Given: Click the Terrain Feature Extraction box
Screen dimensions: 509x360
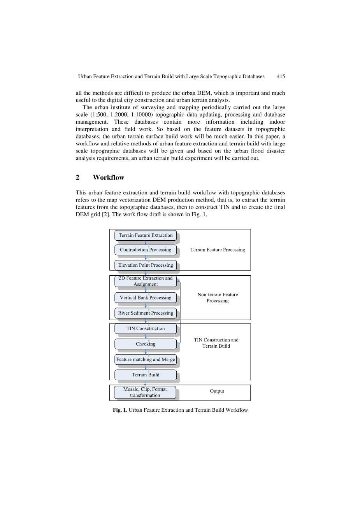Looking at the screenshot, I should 146,235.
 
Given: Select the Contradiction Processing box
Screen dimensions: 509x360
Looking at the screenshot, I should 146,250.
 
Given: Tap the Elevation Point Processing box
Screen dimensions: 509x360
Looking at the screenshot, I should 146,265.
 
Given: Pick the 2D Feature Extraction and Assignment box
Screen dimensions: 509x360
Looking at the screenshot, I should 146,281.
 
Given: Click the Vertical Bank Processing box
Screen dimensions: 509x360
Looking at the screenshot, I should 146,297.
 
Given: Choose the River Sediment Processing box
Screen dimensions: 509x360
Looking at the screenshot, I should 146,313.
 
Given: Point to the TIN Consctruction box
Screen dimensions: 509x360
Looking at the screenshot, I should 146,329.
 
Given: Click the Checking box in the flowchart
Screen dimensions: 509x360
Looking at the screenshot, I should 146,344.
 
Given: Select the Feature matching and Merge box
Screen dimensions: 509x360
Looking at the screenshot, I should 146,359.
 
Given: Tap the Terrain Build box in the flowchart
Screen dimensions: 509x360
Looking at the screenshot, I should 146,375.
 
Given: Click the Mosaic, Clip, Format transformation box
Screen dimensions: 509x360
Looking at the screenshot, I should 145,392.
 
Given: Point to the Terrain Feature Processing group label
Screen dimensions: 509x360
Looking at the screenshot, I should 218,250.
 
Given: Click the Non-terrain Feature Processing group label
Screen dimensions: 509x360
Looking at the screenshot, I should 218,297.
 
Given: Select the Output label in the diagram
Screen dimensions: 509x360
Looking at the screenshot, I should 217,391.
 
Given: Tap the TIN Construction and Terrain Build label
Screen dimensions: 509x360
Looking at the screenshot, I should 216,343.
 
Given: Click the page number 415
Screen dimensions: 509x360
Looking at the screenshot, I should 281,77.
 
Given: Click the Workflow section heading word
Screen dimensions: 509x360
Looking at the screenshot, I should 109,178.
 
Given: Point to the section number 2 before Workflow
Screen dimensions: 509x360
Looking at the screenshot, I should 78,178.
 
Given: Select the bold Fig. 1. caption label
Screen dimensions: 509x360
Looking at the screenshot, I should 120,410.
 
